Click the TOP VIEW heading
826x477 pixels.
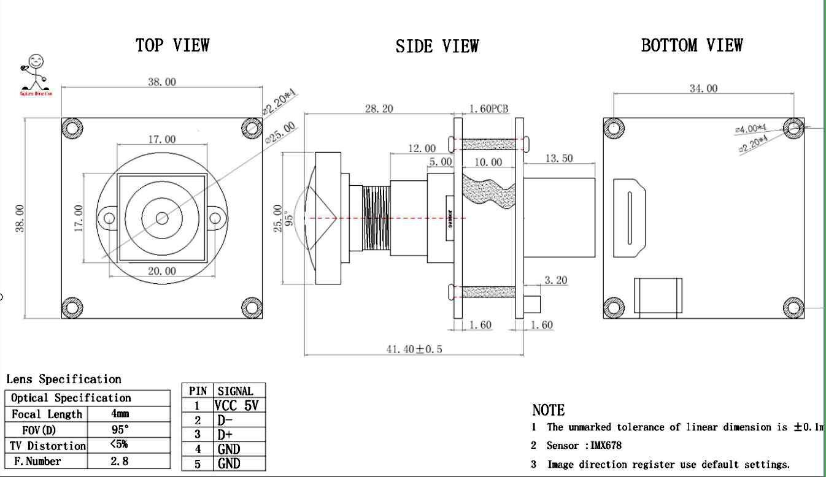coord(172,45)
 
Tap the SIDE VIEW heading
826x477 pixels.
coord(437,46)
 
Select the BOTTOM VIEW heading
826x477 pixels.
coord(692,45)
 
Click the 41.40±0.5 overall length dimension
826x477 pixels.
coord(414,349)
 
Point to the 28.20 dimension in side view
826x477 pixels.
coord(379,109)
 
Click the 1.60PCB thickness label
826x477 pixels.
coord(489,109)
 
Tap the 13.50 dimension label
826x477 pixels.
coord(558,158)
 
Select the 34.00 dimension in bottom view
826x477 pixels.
coord(703,88)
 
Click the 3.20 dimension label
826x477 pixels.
coord(556,280)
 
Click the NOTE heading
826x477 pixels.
coord(548,410)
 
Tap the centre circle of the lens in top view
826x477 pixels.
coord(162,218)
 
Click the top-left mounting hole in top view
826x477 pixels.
coord(73,128)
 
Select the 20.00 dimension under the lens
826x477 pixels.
coord(162,271)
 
